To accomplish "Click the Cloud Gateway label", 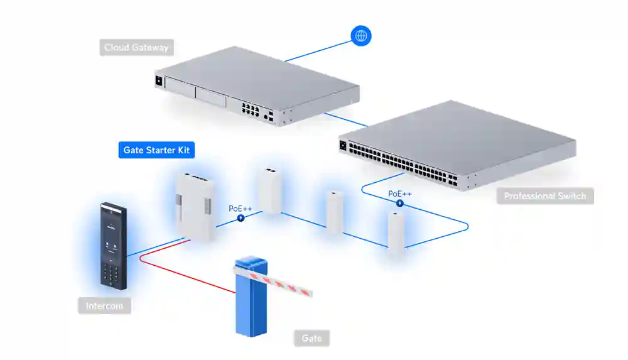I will [x=136, y=47].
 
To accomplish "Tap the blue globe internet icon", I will [x=361, y=36].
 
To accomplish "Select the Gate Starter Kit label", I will [x=156, y=150].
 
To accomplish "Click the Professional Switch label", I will [x=545, y=196].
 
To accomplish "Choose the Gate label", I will [x=311, y=338].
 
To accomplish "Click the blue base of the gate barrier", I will [x=250, y=308].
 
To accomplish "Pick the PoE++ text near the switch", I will [x=400, y=194].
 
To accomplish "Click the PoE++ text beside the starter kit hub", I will [x=241, y=208].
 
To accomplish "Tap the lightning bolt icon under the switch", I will [x=399, y=204].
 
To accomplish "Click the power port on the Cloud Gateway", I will [x=158, y=81].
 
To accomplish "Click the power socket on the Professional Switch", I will [x=343, y=146].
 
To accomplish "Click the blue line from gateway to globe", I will [x=317, y=50].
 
